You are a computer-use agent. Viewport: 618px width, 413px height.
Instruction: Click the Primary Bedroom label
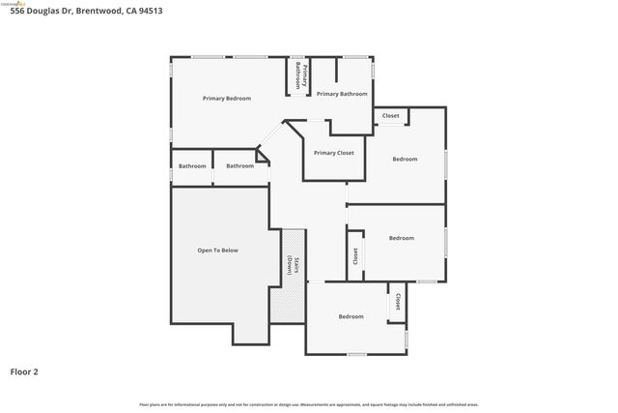pyautogui.click(x=226, y=98)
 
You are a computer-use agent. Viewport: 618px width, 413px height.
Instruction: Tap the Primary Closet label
pyautogui.click(x=333, y=153)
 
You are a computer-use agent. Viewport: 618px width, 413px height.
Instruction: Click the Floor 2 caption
pyautogui.click(x=24, y=370)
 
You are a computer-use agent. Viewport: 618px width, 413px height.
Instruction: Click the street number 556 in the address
pyautogui.click(x=17, y=11)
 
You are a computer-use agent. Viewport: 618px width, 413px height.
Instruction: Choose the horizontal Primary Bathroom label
pyautogui.click(x=342, y=94)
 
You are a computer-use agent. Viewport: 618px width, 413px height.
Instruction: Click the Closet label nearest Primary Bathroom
pyautogui.click(x=390, y=116)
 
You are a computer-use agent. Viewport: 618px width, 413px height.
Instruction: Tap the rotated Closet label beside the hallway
pyautogui.click(x=355, y=256)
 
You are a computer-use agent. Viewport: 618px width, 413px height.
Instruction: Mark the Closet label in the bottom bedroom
pyautogui.click(x=396, y=302)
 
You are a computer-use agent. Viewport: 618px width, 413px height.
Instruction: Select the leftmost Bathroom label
pyautogui.click(x=192, y=165)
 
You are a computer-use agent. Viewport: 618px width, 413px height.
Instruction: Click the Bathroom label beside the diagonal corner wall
pyautogui.click(x=239, y=165)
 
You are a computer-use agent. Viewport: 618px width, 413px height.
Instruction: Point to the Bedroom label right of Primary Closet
pyautogui.click(x=405, y=159)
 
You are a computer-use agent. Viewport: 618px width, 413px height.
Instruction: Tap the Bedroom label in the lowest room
pyautogui.click(x=351, y=316)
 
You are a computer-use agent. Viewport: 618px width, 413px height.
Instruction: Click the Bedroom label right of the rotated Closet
pyautogui.click(x=401, y=238)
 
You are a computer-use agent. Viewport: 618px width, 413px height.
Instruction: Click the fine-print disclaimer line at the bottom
pyautogui.click(x=308, y=404)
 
